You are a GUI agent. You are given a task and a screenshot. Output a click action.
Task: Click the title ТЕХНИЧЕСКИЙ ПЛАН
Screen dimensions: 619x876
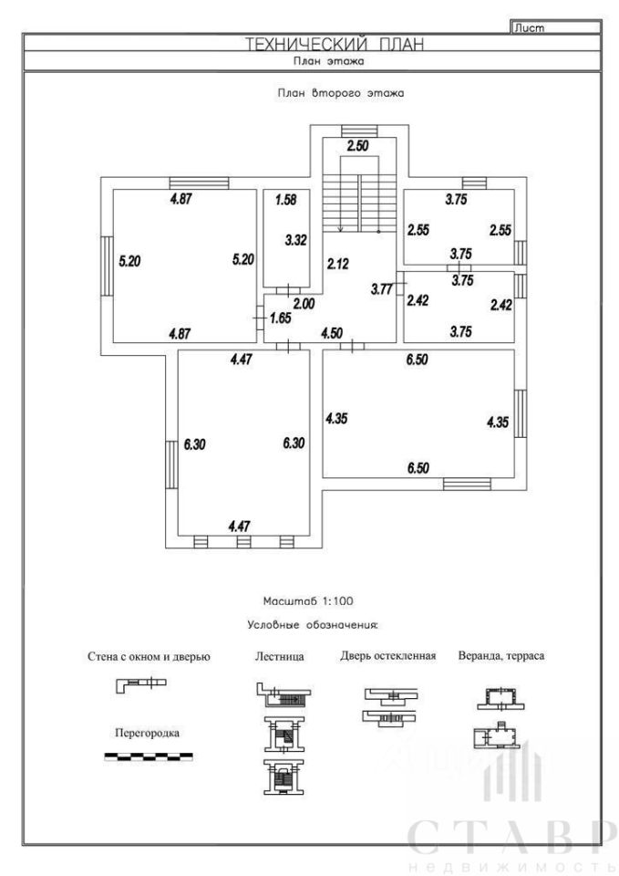pos(335,44)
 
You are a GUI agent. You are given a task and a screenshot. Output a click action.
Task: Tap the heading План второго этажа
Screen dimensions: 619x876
pos(340,93)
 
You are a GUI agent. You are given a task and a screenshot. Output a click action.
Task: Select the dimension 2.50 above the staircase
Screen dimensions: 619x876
pos(357,146)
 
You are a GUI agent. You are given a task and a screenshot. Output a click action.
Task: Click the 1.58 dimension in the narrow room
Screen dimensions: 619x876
pos(285,200)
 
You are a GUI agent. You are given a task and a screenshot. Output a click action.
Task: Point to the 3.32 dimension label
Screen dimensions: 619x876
pos(295,240)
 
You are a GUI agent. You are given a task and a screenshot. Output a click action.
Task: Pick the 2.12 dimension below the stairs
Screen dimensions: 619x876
pos(337,264)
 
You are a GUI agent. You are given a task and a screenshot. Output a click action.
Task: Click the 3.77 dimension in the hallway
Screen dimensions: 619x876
pos(382,289)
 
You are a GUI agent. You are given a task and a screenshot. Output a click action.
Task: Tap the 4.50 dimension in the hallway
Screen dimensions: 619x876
pos(332,333)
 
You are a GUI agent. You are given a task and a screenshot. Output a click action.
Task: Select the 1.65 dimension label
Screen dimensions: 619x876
pos(280,318)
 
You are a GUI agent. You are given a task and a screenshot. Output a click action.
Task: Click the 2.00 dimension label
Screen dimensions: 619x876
pos(304,303)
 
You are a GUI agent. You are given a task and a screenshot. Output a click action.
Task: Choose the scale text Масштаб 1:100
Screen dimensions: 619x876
pos(308,601)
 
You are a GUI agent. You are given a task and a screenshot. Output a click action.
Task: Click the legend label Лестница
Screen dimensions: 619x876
pos(279,656)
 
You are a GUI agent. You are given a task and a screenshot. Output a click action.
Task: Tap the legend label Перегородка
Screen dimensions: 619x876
pos(147,733)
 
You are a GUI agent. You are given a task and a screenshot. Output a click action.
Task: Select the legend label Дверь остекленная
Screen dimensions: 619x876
pos(388,656)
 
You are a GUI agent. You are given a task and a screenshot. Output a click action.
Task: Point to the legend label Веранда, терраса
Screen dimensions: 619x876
pos(501,656)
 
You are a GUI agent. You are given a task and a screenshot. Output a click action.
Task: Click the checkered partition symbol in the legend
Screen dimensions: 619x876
pos(149,756)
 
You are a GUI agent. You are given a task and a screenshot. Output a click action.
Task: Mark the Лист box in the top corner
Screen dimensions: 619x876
pos(555,26)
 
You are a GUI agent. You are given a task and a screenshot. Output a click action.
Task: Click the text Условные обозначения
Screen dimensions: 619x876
pos(313,625)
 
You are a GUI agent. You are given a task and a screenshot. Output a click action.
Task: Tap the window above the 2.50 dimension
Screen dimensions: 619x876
pos(359,130)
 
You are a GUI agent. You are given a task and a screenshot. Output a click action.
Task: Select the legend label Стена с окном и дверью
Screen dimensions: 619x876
pos(149,656)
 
